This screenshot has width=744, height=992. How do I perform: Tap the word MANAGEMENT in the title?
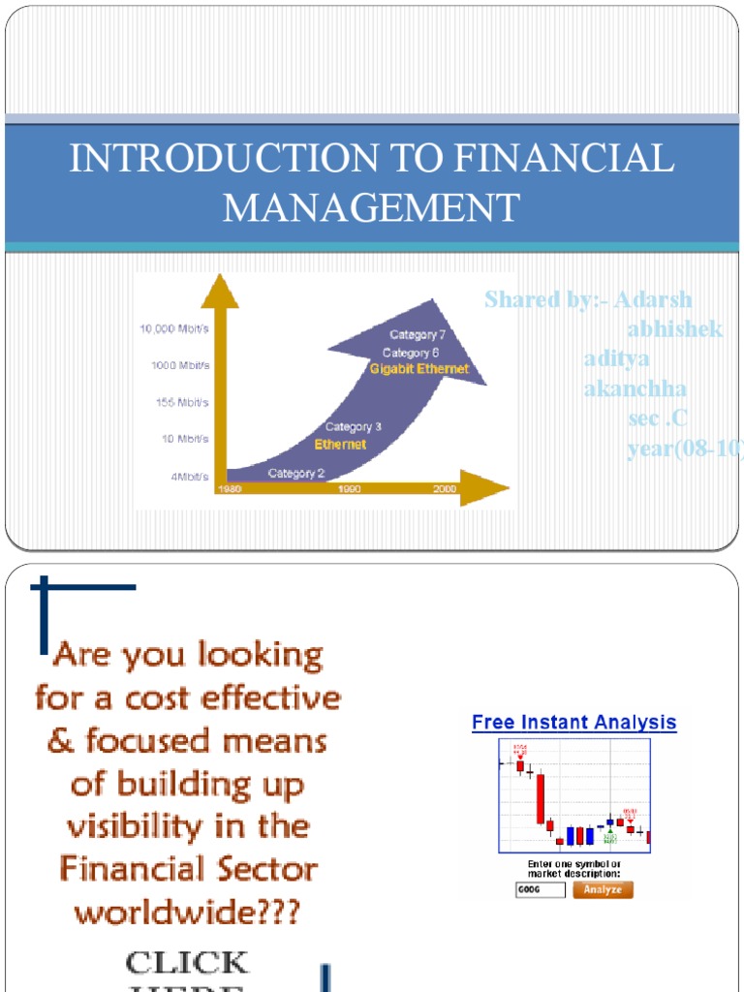click(x=371, y=207)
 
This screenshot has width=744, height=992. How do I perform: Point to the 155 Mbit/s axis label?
click(x=182, y=402)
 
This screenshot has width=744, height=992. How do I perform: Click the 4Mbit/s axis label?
click(x=190, y=477)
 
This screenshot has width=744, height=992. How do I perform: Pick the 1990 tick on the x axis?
click(x=349, y=489)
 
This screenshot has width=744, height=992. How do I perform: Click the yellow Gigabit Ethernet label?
click(x=419, y=369)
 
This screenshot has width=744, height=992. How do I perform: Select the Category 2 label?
click(x=296, y=473)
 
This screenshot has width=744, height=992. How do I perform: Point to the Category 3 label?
click(x=353, y=426)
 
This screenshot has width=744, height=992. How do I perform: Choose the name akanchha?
click(x=635, y=389)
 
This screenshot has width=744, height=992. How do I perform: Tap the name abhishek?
click(x=674, y=329)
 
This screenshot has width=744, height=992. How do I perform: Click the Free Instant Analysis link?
click(x=573, y=723)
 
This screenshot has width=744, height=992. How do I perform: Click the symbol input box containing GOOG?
click(x=540, y=889)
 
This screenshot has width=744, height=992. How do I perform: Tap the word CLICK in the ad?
click(x=187, y=963)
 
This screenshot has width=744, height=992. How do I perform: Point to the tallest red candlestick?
click(x=541, y=798)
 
